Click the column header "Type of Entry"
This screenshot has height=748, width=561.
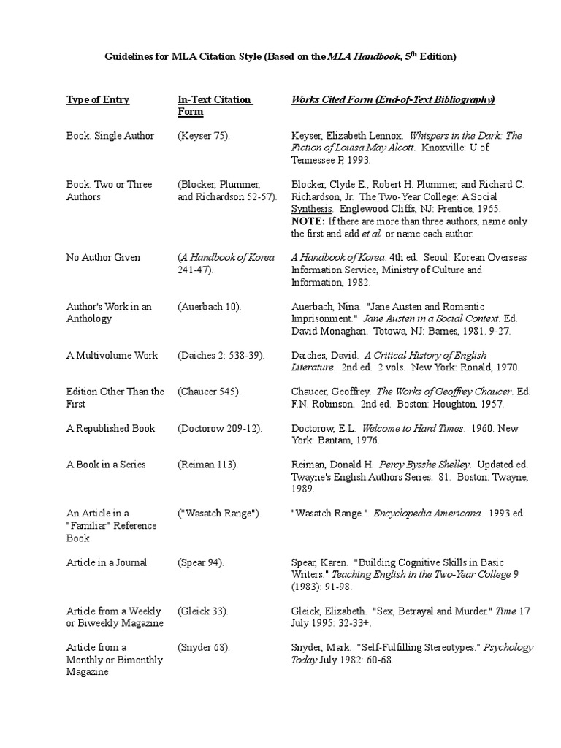coord(97,100)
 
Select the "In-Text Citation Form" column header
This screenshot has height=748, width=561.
coord(215,106)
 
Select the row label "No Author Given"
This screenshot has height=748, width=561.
coord(103,258)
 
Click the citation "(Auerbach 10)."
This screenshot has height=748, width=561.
coord(209,307)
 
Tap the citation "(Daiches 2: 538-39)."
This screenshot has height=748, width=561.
coord(221,356)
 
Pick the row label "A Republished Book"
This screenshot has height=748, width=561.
coord(110,429)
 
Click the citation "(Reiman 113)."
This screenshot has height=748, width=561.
coord(207,465)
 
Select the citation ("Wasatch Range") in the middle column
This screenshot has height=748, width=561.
coord(220,514)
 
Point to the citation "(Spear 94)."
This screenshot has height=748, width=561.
coord(201,562)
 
